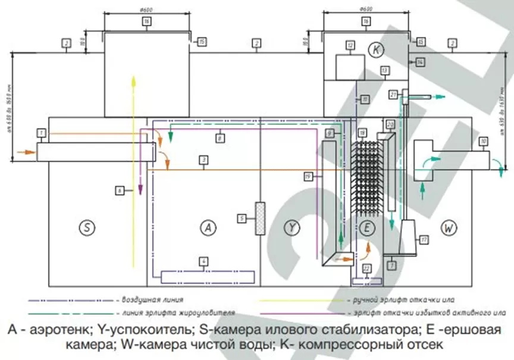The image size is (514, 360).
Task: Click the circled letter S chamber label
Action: [87, 227]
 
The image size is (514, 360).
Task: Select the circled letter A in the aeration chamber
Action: [207, 227]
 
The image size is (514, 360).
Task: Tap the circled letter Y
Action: [292, 227]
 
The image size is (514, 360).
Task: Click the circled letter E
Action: [366, 227]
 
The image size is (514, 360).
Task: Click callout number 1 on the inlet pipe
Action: [41, 131]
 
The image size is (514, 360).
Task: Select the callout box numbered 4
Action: [203, 260]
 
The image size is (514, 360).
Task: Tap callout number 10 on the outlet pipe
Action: [483, 141]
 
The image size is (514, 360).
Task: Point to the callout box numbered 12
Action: [350, 45]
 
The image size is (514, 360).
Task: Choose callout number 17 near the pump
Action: [424, 240]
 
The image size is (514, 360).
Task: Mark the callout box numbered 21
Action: [393, 94]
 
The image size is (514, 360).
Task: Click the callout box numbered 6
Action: [120, 191]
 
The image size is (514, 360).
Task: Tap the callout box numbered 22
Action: [366, 269]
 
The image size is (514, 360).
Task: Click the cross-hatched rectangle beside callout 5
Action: [259, 218]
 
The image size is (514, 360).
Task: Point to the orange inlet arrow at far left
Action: [23, 152]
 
